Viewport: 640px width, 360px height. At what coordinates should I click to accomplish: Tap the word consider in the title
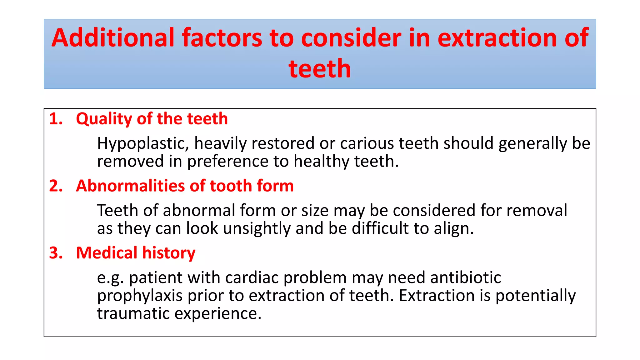[351, 38]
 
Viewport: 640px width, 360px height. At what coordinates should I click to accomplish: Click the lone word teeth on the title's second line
[320, 69]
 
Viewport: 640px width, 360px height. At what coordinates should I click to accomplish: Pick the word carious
[367, 143]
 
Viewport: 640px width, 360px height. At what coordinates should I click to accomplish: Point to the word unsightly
[257, 228]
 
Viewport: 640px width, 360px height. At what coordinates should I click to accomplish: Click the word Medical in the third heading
[107, 253]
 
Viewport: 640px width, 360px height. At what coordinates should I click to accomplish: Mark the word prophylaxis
[140, 296]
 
